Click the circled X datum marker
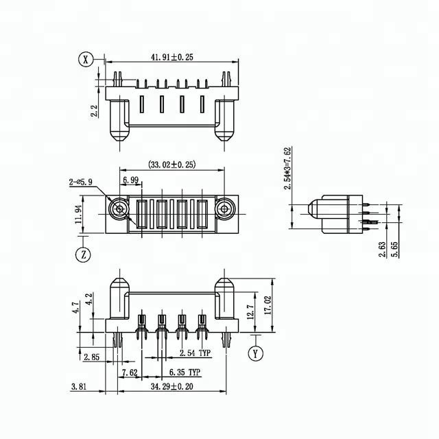click(x=85, y=60)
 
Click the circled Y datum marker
click(x=256, y=354)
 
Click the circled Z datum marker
click(x=82, y=254)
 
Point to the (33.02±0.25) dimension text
click(x=172, y=165)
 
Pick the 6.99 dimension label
click(x=132, y=180)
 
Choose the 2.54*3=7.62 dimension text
click(x=290, y=168)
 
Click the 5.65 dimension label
click(x=394, y=250)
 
